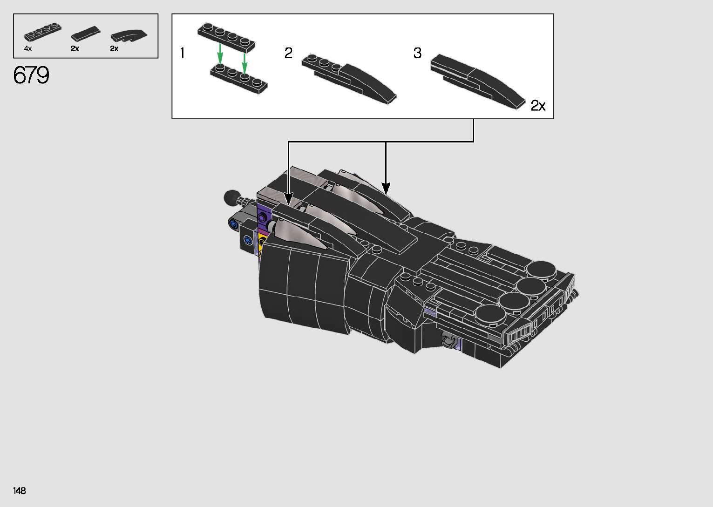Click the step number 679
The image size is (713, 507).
pyautogui.click(x=31, y=75)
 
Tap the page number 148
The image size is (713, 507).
pyautogui.click(x=20, y=490)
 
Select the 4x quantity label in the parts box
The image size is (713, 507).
pyautogui.click(x=27, y=49)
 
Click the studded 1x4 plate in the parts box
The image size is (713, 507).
pyautogui.click(x=43, y=33)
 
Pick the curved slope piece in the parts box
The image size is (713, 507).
pyautogui.click(x=129, y=36)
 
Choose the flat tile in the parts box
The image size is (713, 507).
pyautogui.click(x=85, y=34)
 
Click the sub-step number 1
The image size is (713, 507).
pyautogui.click(x=183, y=53)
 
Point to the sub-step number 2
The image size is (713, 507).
pyautogui.click(x=288, y=53)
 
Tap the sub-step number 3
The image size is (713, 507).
pyautogui.click(x=417, y=53)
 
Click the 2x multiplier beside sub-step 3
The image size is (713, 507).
pyautogui.click(x=538, y=105)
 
